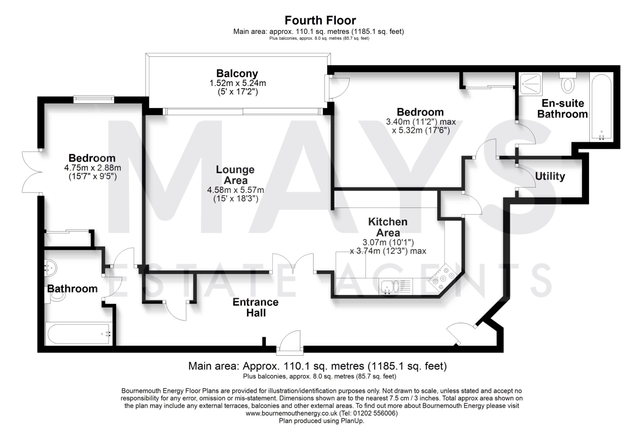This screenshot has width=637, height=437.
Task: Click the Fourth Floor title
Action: tap(320, 20)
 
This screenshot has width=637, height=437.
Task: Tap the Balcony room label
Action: tap(237, 74)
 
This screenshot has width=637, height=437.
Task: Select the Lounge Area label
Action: tap(236, 175)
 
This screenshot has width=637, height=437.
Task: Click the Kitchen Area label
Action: tap(388, 227)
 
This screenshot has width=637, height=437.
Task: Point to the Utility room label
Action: tap(550, 176)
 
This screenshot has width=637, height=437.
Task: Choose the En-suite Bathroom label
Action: tap(563, 109)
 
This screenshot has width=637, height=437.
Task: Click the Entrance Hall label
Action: tap(256, 307)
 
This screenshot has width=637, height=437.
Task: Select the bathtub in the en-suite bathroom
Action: tap(602, 107)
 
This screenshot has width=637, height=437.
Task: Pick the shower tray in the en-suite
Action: tap(531, 84)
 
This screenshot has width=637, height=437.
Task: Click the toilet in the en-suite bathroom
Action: tap(568, 82)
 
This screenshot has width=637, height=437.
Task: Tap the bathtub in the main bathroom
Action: tap(79, 333)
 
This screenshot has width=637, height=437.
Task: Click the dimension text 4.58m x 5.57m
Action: tap(236, 190)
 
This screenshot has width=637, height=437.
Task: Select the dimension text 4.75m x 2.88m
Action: tap(93, 168)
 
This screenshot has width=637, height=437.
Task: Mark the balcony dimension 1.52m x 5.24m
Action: tap(237, 83)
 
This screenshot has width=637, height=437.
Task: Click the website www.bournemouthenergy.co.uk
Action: tap(291, 413)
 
